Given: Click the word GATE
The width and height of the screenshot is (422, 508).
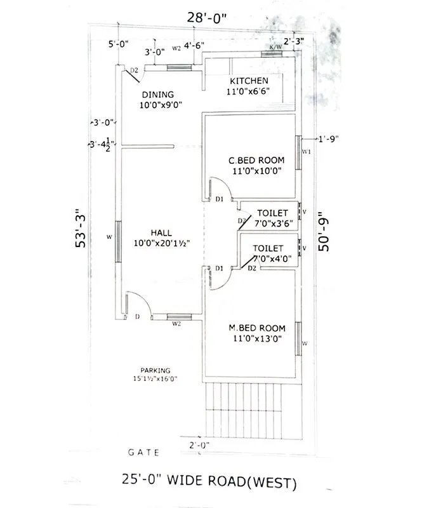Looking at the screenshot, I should [144, 453].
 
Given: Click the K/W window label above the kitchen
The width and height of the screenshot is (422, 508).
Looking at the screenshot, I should [275, 48].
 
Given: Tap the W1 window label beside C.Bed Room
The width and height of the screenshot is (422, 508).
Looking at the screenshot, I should [306, 152].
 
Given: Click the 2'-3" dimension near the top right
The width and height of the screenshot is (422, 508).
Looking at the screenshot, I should [293, 42].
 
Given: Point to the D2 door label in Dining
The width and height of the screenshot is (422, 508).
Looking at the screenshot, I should [135, 70].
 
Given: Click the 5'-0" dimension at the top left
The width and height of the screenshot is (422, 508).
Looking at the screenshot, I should [119, 44].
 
